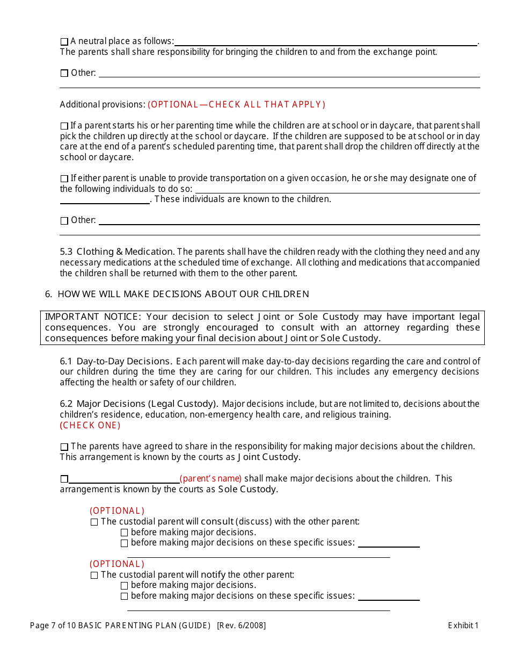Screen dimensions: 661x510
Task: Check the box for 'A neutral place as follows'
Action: pyautogui.click(x=64, y=42)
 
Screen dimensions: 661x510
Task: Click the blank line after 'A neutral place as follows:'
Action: pyautogui.click(x=325, y=43)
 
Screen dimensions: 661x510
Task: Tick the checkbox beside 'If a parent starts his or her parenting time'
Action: pyautogui.click(x=64, y=126)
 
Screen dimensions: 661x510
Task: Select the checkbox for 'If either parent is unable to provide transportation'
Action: pyautogui.click(x=64, y=178)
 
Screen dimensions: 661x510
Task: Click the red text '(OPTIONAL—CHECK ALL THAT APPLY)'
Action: pyautogui.click(x=236, y=105)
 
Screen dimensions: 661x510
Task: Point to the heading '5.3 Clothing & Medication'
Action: pyautogui.click(x=117, y=252)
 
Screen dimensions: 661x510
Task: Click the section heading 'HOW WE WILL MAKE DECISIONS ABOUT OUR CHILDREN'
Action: pyautogui.click(x=183, y=294)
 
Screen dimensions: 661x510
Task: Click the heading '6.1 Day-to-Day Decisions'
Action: pyautogui.click(x=116, y=361)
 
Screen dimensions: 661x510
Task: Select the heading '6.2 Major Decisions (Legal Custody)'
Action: pyautogui.click(x=139, y=404)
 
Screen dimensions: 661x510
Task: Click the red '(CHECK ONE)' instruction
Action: pyautogui.click(x=90, y=425)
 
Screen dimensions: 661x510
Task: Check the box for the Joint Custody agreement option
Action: pyautogui.click(x=64, y=447)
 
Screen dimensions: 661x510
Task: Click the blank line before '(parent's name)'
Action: pyautogui.click(x=124, y=479)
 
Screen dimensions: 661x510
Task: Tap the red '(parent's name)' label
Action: pyautogui.click(x=210, y=478)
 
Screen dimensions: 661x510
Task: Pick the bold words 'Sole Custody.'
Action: pyautogui.click(x=248, y=489)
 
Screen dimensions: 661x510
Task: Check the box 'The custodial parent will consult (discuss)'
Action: pyautogui.click(x=94, y=522)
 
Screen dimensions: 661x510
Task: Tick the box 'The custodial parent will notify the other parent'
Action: pyautogui.click(x=94, y=575)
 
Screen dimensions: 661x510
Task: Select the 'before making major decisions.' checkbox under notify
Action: pyautogui.click(x=125, y=585)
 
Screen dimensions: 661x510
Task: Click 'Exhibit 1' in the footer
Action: pyautogui.click(x=463, y=625)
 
